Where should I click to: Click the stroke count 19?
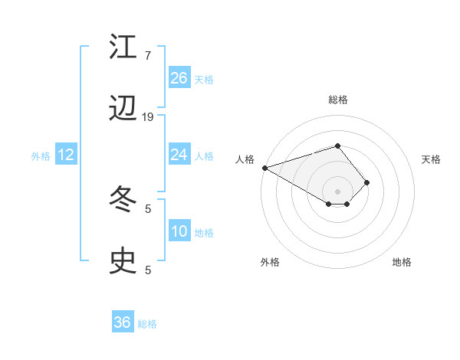coord(148,116)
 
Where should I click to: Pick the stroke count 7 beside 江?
coord(147,56)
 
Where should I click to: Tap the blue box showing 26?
coord(179,78)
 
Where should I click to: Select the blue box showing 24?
coord(179,155)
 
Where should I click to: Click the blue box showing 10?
coord(179,231)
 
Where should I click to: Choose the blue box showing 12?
coord(66,155)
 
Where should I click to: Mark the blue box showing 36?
coord(123,322)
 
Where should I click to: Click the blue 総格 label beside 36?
coord(147,324)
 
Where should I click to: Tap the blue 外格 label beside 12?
coord(41,156)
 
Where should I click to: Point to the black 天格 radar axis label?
coord(432,159)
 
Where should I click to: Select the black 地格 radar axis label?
coord(402,262)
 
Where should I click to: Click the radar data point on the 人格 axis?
coord(264,167)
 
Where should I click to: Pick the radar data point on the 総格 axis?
coord(337,146)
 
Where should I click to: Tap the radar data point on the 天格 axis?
coord(367,182)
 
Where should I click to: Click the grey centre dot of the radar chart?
coord(337,191)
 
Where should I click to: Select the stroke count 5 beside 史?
coord(147,270)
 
